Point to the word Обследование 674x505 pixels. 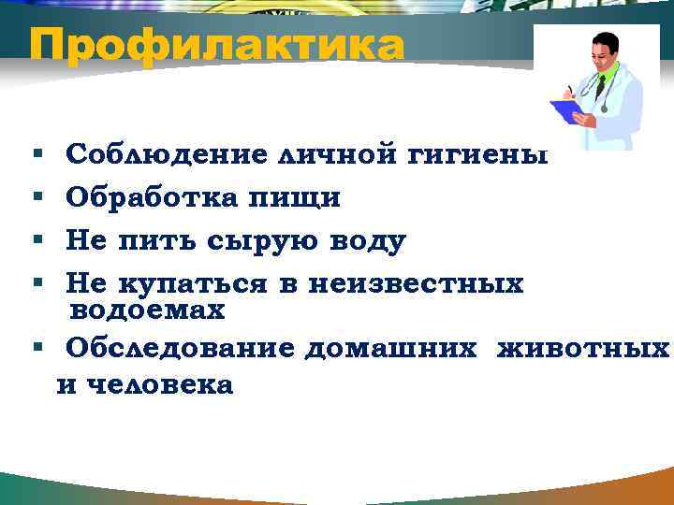(x=180, y=348)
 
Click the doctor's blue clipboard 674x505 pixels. (x=567, y=110)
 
